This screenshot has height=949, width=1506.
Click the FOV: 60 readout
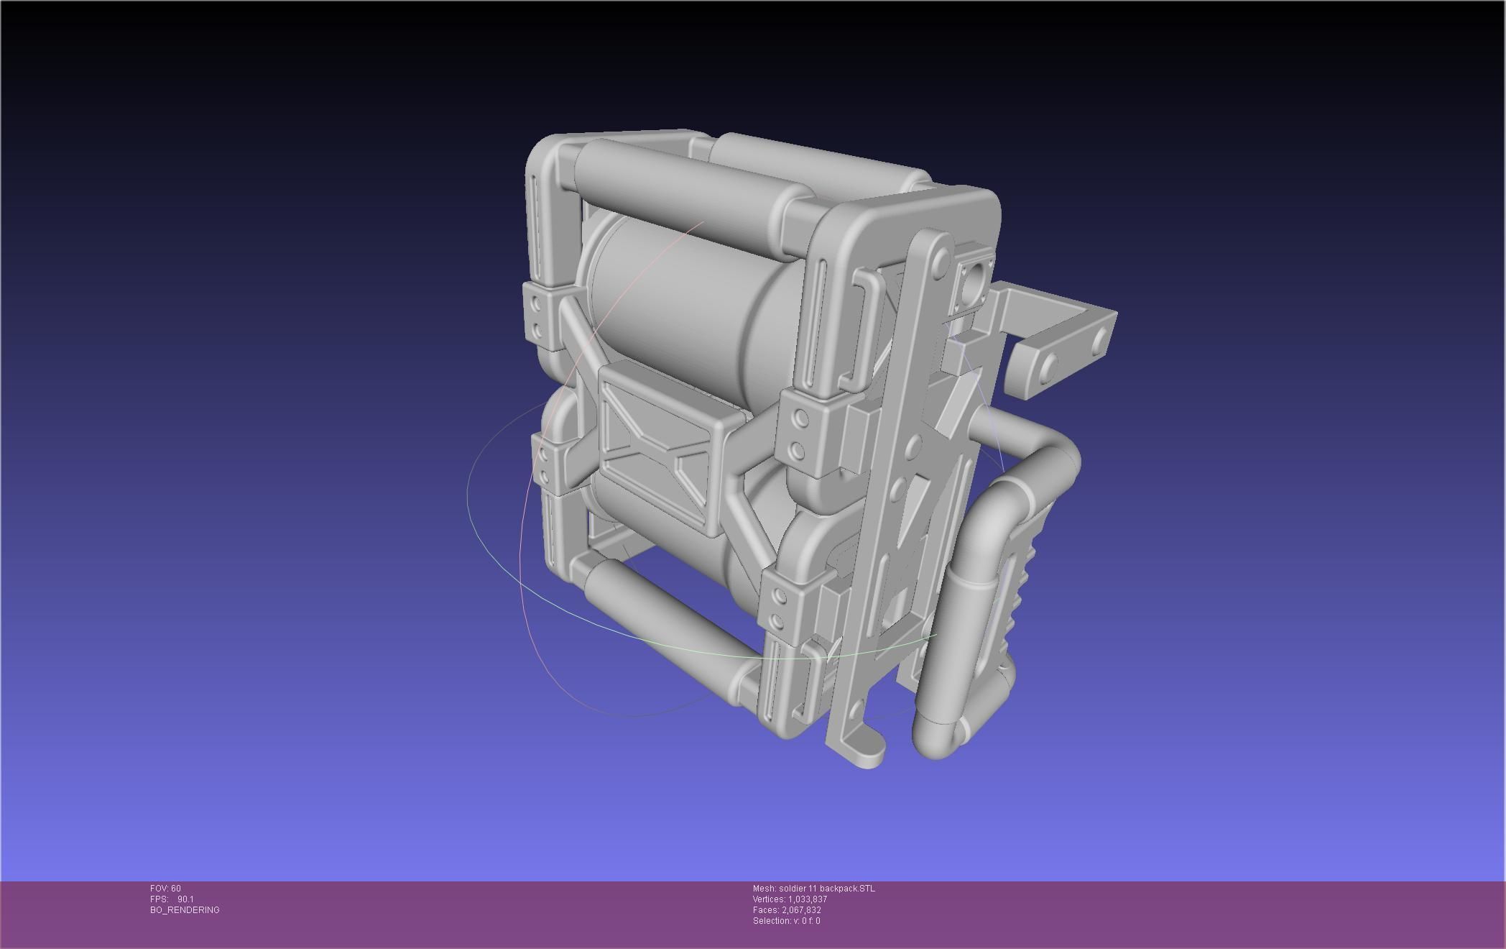point(165,889)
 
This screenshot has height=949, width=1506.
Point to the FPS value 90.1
point(185,899)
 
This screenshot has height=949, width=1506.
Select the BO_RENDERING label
point(185,910)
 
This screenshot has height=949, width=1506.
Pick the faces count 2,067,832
point(801,910)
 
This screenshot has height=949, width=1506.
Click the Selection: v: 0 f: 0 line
point(786,921)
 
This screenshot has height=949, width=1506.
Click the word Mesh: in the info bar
point(764,889)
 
